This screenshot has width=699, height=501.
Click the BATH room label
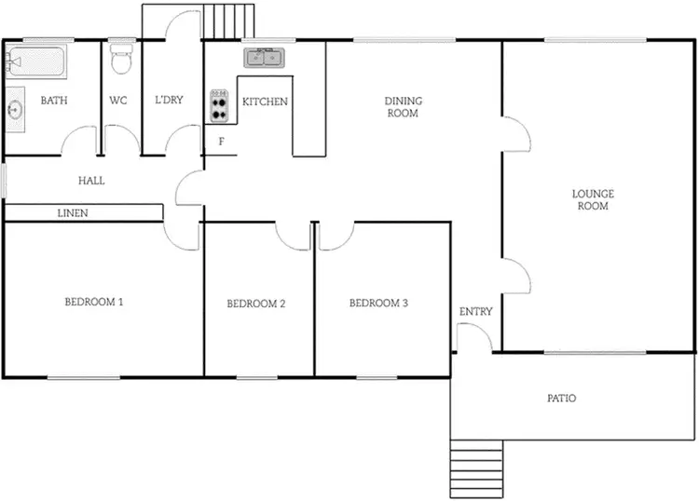click(52, 101)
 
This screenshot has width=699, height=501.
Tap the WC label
click(118, 101)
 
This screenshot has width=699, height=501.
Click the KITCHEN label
click(265, 102)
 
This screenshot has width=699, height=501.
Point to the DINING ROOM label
click(403, 107)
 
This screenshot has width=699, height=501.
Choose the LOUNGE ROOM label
click(593, 199)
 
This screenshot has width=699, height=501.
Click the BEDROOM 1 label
click(94, 302)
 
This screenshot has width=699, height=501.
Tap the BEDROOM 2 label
click(255, 304)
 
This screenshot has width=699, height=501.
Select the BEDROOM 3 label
click(377, 303)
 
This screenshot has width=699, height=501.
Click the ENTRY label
click(475, 312)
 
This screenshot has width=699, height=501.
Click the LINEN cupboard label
click(73, 213)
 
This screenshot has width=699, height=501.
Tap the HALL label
click(91, 181)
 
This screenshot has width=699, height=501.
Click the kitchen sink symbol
click(265, 59)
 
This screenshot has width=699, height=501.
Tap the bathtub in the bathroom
click(35, 62)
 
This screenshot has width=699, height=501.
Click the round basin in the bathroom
click(16, 109)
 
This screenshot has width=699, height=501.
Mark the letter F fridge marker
click(221, 142)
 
